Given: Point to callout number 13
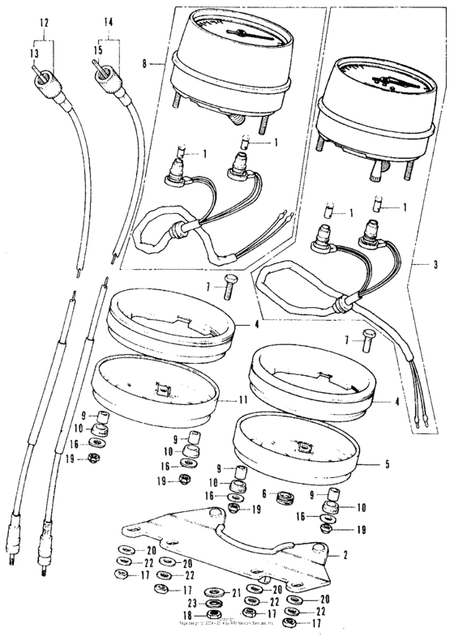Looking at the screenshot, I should (34, 53).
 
